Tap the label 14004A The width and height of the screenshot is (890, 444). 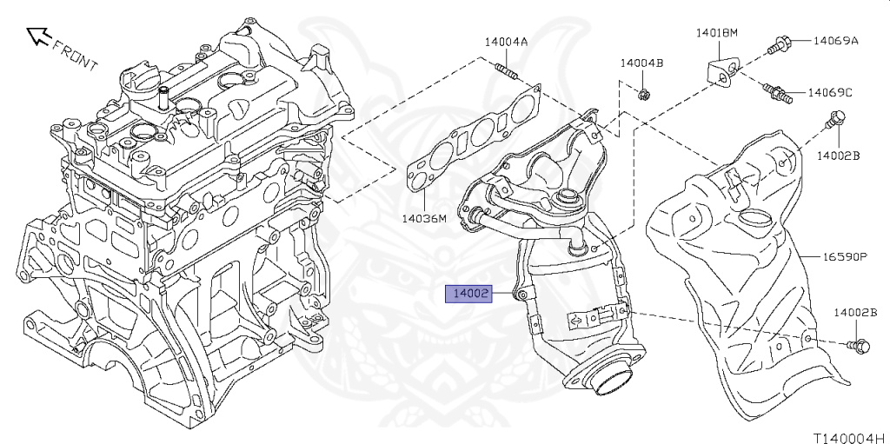(x=506, y=42)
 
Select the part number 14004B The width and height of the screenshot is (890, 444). (x=641, y=63)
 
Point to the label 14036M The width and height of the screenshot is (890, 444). (x=424, y=217)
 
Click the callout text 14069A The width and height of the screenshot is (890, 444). (x=835, y=40)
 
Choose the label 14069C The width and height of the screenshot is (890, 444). (x=830, y=92)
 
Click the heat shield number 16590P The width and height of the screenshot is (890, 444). (x=845, y=256)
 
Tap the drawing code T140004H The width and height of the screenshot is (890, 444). (x=852, y=438)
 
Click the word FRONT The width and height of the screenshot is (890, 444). (x=76, y=54)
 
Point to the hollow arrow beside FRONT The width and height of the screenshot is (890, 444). (x=38, y=36)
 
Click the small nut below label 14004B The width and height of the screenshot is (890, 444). (x=644, y=95)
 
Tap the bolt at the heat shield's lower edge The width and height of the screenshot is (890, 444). (x=858, y=345)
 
